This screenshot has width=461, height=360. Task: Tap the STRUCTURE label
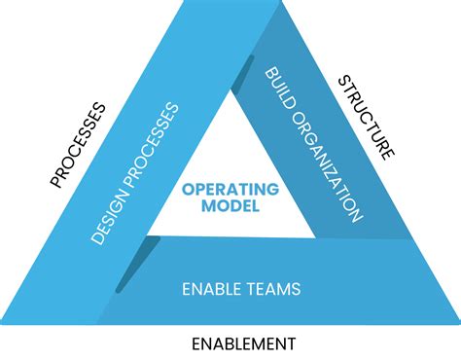pos(367,118)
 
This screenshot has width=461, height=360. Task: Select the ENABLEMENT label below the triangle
pos(243,343)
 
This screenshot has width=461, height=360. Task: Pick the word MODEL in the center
pos(230,206)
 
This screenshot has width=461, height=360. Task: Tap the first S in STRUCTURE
pos(342,82)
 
